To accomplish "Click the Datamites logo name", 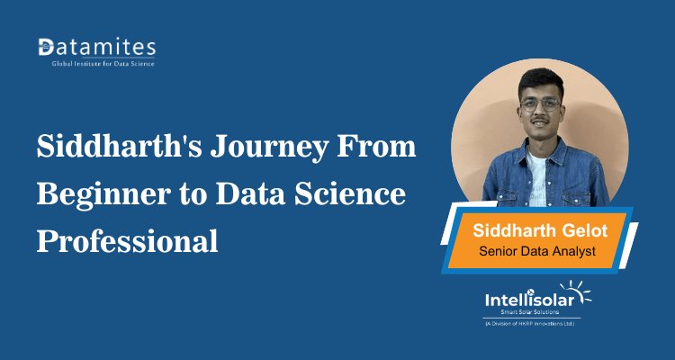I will (97, 46).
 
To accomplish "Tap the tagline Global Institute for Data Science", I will (96, 64).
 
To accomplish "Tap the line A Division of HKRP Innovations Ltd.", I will (530, 323).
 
